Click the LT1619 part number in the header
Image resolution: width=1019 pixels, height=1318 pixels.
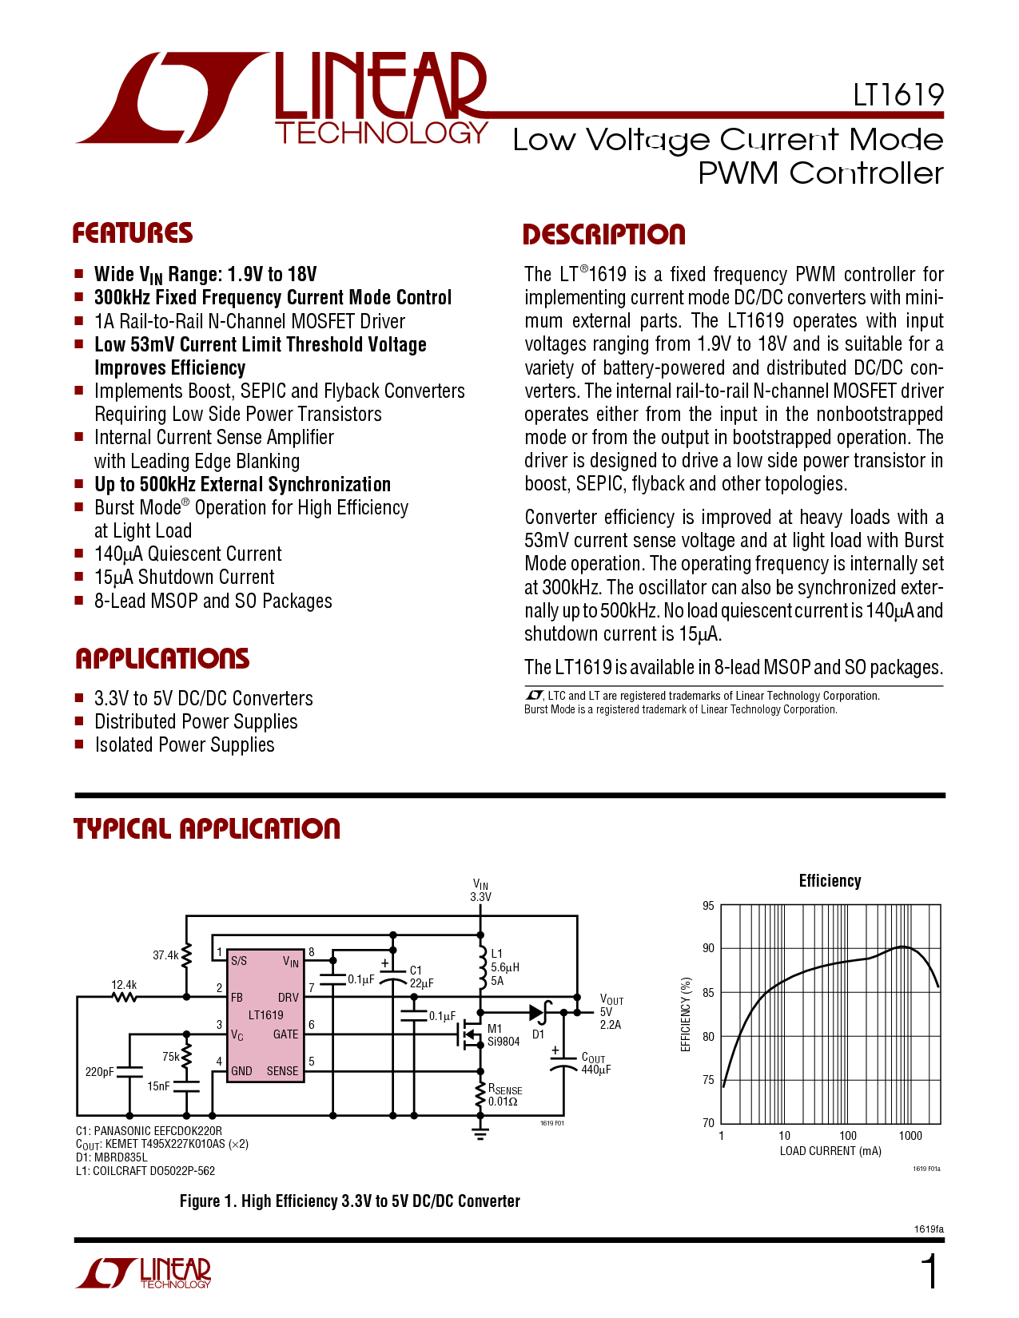coord(898,95)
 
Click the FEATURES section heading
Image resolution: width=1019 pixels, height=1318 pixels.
coord(133,233)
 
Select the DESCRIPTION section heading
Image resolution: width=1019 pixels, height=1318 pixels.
coord(604,235)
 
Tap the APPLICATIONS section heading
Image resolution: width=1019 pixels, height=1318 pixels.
coord(162,659)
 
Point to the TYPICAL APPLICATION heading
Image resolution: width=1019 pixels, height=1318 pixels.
coord(207,829)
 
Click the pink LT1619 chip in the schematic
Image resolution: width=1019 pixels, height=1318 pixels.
coord(266,1016)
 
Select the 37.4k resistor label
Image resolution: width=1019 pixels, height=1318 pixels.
coord(165,955)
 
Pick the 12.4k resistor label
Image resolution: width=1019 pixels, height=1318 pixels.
coord(124,985)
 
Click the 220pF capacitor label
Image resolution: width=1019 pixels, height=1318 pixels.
coord(100,1072)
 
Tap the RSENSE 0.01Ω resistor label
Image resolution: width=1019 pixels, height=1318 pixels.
coord(505,1095)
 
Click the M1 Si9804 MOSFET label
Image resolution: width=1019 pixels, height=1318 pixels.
coord(504,1034)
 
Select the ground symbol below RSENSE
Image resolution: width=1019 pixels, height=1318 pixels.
coord(480,1134)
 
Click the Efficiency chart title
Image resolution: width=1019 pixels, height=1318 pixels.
coord(830,881)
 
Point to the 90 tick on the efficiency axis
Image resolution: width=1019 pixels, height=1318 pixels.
coord(708,948)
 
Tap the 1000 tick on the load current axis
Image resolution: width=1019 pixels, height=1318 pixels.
coord(910,1135)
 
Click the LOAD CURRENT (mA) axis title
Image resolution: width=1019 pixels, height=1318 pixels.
coord(830,1151)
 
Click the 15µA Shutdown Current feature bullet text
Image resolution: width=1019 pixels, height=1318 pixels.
coord(184,577)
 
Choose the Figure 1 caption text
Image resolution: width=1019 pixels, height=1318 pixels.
coord(349,1201)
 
